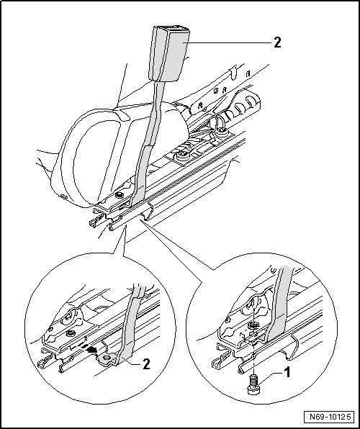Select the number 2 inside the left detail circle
[148, 365]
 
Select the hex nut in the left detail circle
[68, 333]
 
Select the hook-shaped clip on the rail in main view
[148, 210]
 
